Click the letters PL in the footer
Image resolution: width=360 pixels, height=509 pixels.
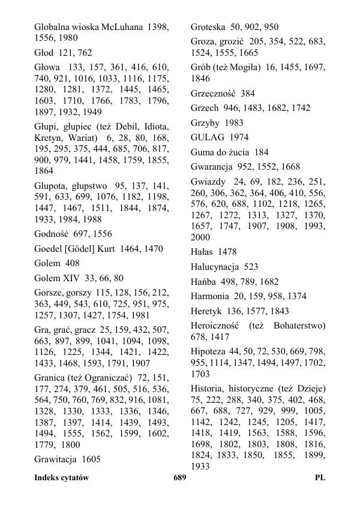pos(320,478)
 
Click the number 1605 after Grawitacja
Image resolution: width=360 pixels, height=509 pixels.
pos(91,459)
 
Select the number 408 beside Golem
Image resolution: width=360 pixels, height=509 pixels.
pos(71,263)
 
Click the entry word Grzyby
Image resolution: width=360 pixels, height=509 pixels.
pos(206,123)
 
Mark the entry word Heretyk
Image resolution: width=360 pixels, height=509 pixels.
pos(207,311)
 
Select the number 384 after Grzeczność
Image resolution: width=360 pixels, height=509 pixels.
pos(247,94)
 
